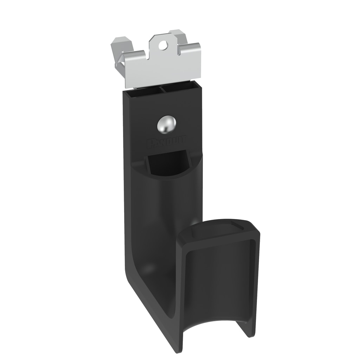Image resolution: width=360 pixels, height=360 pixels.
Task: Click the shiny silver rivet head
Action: (x=166, y=124)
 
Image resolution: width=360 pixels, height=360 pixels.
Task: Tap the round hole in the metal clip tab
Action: (x=162, y=45)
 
